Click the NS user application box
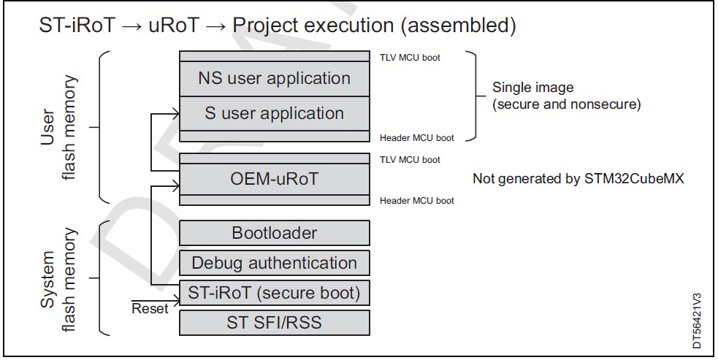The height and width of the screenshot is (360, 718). coord(275,79)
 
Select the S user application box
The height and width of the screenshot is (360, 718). coord(275,114)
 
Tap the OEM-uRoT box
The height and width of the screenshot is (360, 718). coord(275,179)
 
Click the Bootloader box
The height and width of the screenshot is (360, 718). coord(275,233)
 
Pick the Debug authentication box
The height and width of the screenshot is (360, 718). coord(275,263)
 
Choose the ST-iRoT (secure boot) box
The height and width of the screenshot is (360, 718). coord(275,293)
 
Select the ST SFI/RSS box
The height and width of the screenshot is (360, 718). coord(275,323)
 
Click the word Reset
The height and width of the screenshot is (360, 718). coord(150,309)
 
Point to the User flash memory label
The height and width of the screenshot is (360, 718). coord(58,127)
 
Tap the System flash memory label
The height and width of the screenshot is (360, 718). coord(58,280)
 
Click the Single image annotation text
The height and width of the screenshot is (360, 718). coord(566,96)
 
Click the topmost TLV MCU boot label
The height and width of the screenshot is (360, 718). coord(410,58)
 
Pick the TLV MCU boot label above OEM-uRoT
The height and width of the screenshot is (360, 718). coord(410,160)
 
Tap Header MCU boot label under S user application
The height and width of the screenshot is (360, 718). coord(416,138)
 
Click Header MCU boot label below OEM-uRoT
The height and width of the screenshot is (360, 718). coord(416,201)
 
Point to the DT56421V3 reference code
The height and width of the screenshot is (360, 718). coord(697,321)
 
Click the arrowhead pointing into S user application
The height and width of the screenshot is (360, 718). coord(175,114)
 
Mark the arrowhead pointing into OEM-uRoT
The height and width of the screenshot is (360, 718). coord(175,185)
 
